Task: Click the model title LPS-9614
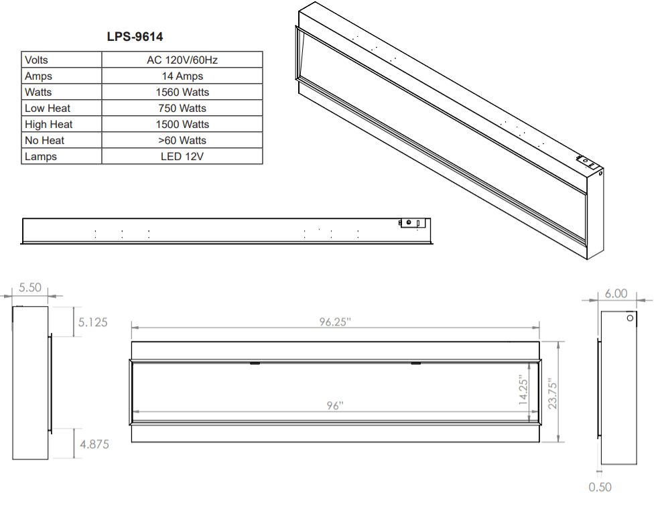pos(135,37)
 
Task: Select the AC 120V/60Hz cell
pos(182,60)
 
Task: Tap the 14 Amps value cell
pos(182,76)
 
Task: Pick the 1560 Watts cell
pos(182,92)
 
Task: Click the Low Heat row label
pos(48,109)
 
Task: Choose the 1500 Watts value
pos(182,125)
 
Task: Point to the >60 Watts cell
pos(182,141)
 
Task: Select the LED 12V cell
pos(182,157)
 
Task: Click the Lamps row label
pos(41,157)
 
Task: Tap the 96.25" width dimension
pos(335,321)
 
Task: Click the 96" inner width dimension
pos(335,406)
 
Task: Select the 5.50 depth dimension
pos(29,288)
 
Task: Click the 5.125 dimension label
pos(92,322)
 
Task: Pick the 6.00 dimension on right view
pos(616,293)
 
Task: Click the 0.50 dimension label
pos(600,488)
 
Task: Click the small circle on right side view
pos(630,318)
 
